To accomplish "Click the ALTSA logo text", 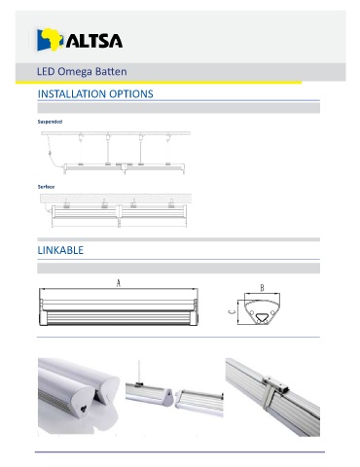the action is pyautogui.click(x=94, y=41).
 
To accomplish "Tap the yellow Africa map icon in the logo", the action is pyautogui.click(x=53, y=38).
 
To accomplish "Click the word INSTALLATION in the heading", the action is pyautogui.click(x=72, y=94).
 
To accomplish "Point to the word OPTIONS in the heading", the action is pyautogui.click(x=131, y=94).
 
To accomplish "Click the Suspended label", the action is pyautogui.click(x=50, y=122).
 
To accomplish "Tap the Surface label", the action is pyautogui.click(x=46, y=187).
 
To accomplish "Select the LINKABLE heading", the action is pyautogui.click(x=60, y=250).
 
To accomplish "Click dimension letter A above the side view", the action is pyautogui.click(x=119, y=283).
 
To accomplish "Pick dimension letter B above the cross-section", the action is pyautogui.click(x=262, y=288).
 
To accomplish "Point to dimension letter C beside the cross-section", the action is pyautogui.click(x=232, y=312).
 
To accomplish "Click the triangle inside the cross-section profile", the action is pyautogui.click(x=261, y=317).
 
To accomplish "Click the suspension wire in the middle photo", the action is pyautogui.click(x=139, y=371).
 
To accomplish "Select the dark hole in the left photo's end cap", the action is pyautogui.click(x=85, y=409).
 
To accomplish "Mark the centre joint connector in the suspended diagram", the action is pyautogui.click(x=125, y=166).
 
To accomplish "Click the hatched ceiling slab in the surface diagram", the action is pyautogui.click(x=116, y=198).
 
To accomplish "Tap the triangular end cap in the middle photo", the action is pyautogui.click(x=167, y=397).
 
